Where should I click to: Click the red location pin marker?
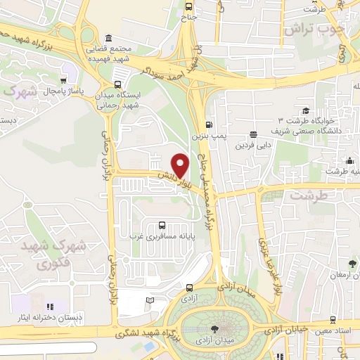tap(180, 165)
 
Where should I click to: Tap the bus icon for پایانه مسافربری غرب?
tap(163, 226)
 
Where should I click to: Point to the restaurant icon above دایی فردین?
tap(252, 134)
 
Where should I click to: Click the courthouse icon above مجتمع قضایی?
tap(108, 38)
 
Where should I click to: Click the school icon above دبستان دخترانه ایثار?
tap(49, 307)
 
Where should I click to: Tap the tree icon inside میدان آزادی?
tap(214, 329)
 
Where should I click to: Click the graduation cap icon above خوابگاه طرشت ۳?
tap(306, 110)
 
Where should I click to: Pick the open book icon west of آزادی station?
tap(150, 301)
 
